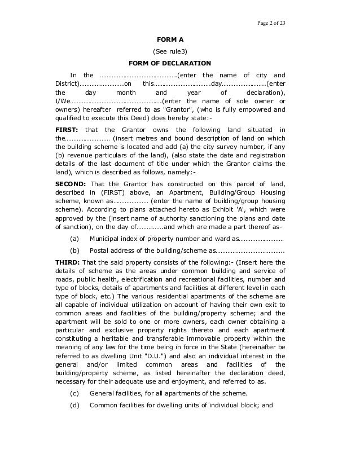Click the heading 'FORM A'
(170, 39)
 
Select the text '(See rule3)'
(170, 51)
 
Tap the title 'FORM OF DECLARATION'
(170, 63)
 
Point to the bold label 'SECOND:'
(71, 184)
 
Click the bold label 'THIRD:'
(67, 262)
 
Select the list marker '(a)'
(74, 239)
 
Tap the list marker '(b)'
(74, 250)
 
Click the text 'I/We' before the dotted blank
(62, 101)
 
